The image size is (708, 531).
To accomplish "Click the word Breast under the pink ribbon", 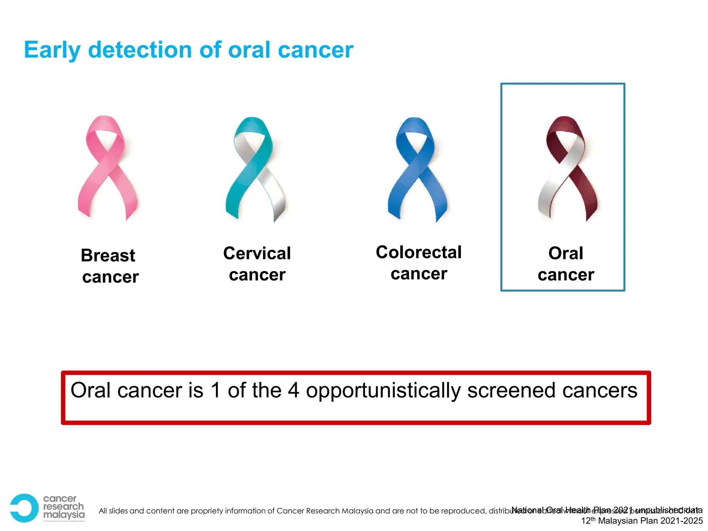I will (x=108, y=255).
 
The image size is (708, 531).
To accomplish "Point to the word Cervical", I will (x=257, y=253).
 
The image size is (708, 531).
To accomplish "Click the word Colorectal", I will (x=419, y=252).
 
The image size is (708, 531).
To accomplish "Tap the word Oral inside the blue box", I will (x=566, y=253).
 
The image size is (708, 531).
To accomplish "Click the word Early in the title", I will (x=52, y=50).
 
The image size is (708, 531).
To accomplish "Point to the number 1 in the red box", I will (x=216, y=390).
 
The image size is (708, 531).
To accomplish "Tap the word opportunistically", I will (x=383, y=391).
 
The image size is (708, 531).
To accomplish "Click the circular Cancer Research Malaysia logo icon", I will (x=24, y=508).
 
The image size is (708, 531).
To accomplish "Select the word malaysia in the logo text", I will (x=64, y=515).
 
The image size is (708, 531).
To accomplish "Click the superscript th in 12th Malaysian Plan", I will (x=593, y=519).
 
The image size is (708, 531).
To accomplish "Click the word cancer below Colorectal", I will (x=419, y=274).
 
